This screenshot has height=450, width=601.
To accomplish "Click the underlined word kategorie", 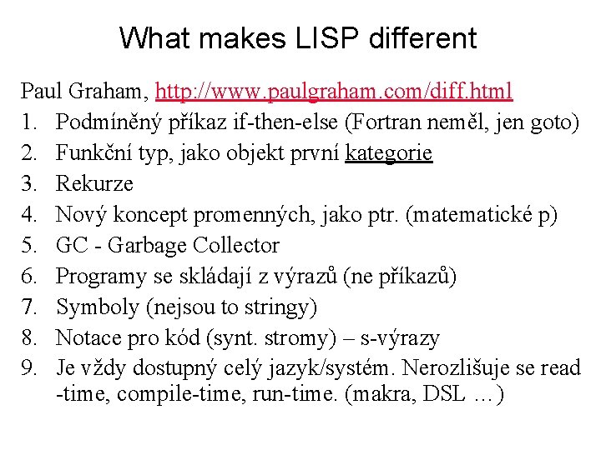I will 389,152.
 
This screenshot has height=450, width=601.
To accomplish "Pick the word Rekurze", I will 94,183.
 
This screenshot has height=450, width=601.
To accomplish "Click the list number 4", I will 30,214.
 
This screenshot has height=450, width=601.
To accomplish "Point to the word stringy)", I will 280,307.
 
